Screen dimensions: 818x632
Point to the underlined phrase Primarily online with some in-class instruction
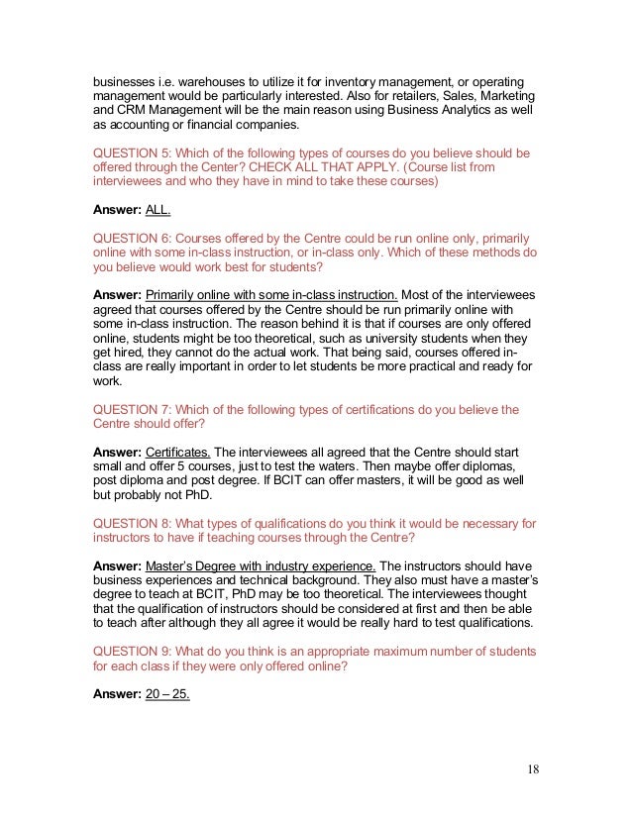272,295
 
